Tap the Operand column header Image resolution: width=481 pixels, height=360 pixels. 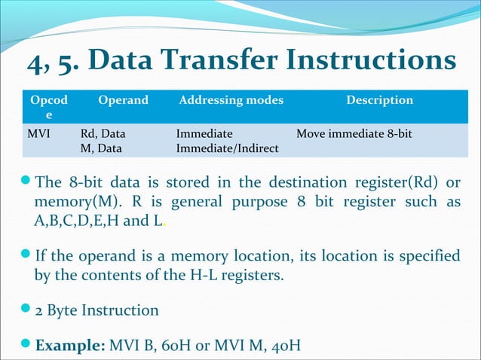click(x=123, y=100)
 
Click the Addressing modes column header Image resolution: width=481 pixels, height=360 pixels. click(x=231, y=100)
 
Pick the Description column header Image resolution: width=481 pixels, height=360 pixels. click(x=379, y=100)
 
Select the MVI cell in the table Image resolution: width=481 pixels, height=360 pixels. click(x=38, y=134)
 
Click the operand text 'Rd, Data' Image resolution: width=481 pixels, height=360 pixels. click(x=103, y=134)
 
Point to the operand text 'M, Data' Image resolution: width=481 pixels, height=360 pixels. click(x=100, y=148)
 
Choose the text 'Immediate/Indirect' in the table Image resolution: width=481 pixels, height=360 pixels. click(x=227, y=148)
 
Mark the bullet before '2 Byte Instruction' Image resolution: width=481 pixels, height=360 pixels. click(x=26, y=310)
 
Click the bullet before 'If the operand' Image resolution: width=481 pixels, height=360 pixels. click(x=26, y=256)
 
